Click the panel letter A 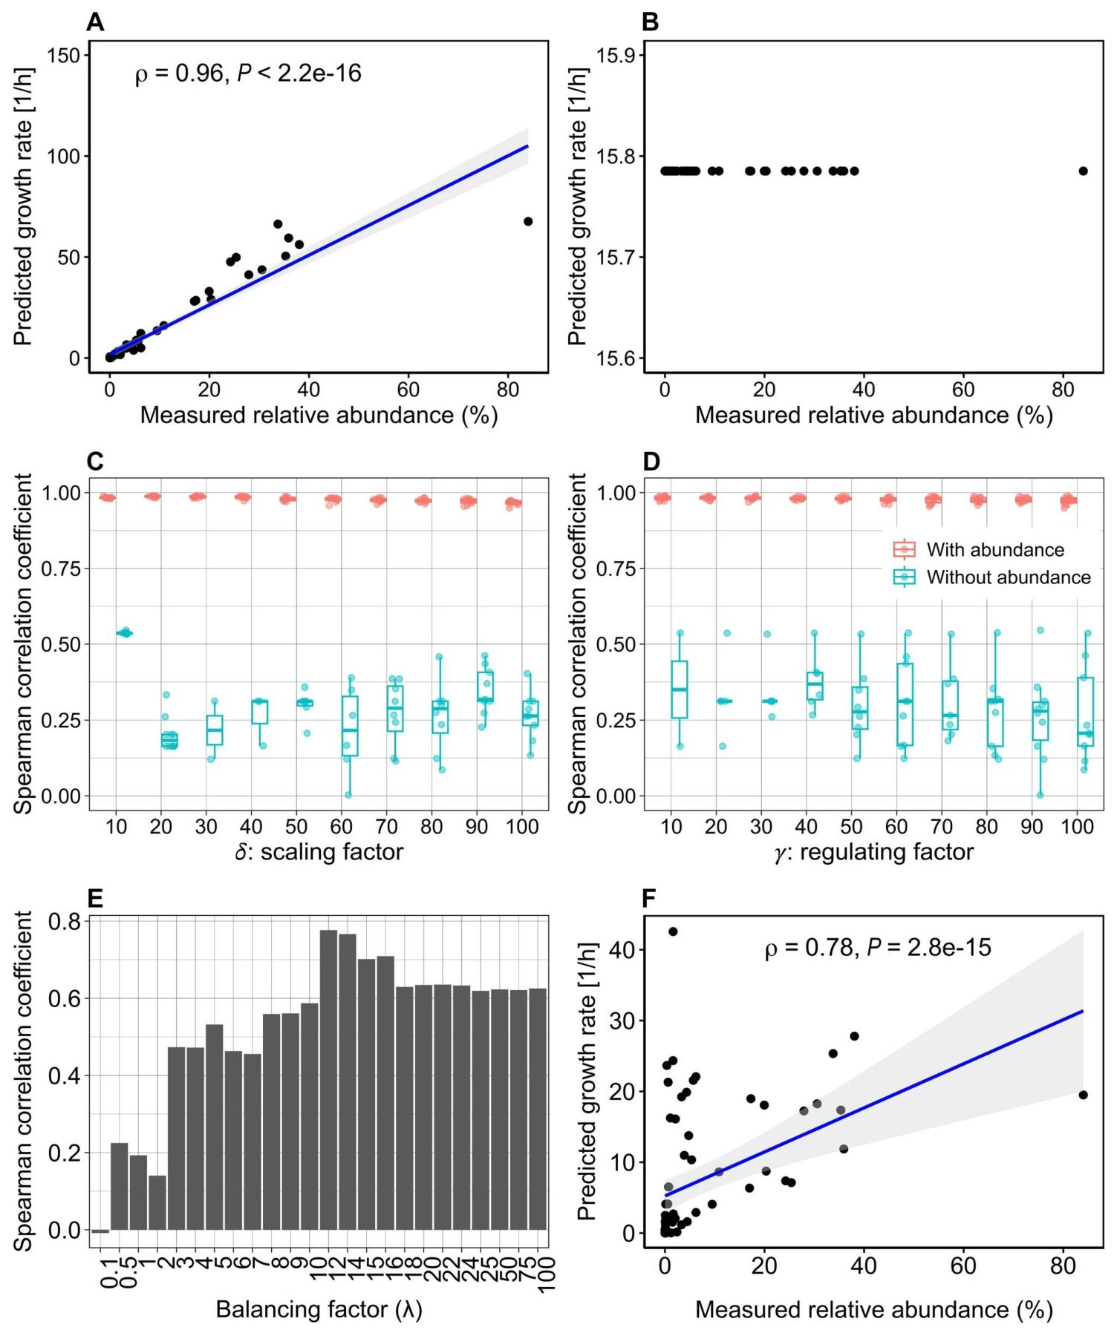point(95,22)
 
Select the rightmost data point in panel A point(528,221)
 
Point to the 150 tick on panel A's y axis point(64,56)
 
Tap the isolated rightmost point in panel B point(1083,171)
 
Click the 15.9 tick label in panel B point(619,56)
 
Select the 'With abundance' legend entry point(995,550)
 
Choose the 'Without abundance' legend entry point(1009,577)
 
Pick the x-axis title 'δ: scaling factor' point(319,851)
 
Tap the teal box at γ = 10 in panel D point(679,690)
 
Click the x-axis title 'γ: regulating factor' point(873,851)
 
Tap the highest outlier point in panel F point(673,931)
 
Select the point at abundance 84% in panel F point(1083,1095)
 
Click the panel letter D point(651,462)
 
